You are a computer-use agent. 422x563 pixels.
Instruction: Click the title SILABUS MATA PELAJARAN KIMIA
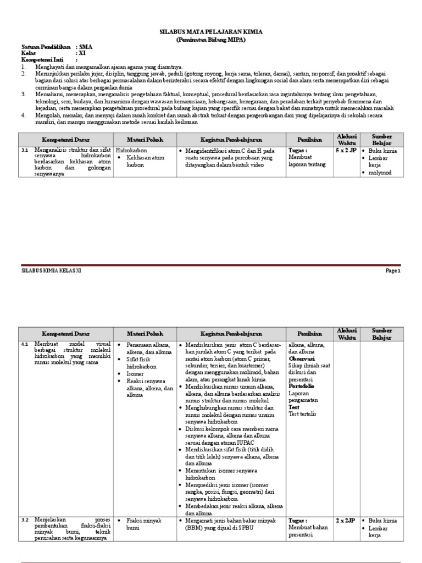click(211, 32)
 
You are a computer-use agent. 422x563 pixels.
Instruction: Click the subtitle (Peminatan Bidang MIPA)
click(211, 40)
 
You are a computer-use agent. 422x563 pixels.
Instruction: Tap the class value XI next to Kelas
click(82, 53)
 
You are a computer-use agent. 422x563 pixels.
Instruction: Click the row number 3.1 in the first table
click(24, 150)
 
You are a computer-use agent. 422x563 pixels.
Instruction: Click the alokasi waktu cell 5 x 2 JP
click(346, 150)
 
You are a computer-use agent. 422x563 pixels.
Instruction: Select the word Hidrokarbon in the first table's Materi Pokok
click(130, 150)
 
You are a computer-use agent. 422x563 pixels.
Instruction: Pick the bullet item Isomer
click(134, 373)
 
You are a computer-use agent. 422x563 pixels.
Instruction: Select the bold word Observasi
click(302, 358)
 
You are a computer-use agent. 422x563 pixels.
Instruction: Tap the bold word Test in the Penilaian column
click(294, 407)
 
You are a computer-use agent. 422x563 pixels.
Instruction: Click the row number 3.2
click(24, 520)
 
